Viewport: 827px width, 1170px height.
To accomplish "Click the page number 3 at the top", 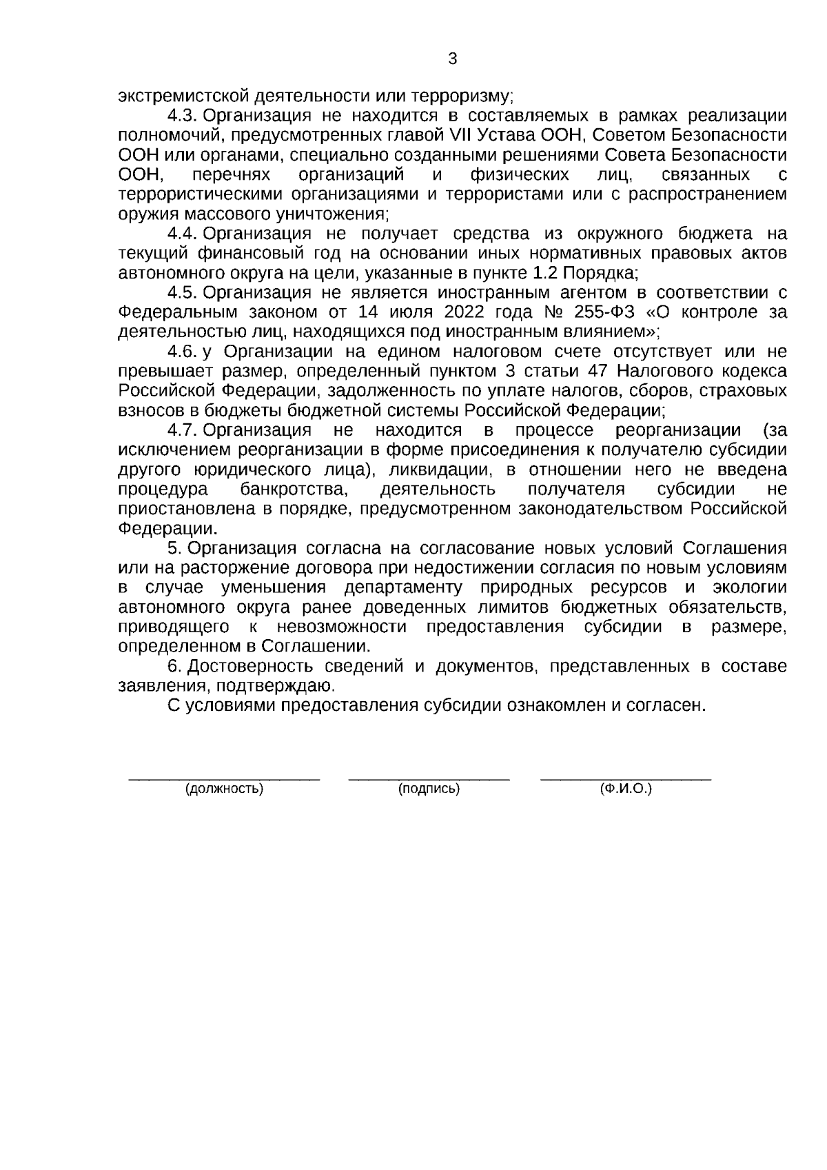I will tap(452, 59).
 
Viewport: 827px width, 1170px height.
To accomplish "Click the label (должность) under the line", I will tap(225, 789).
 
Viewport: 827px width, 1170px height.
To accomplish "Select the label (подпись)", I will tap(429, 789).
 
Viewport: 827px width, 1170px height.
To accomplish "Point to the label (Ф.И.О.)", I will tap(626, 789).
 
